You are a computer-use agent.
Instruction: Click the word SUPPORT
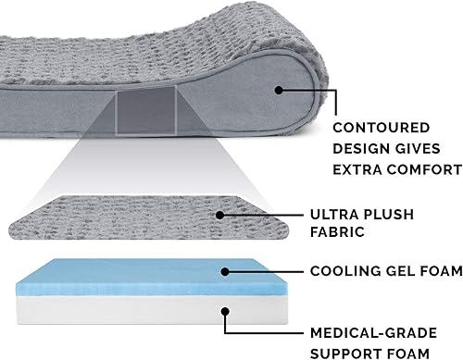[349, 353]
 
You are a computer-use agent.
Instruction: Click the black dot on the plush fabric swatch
[220, 215]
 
